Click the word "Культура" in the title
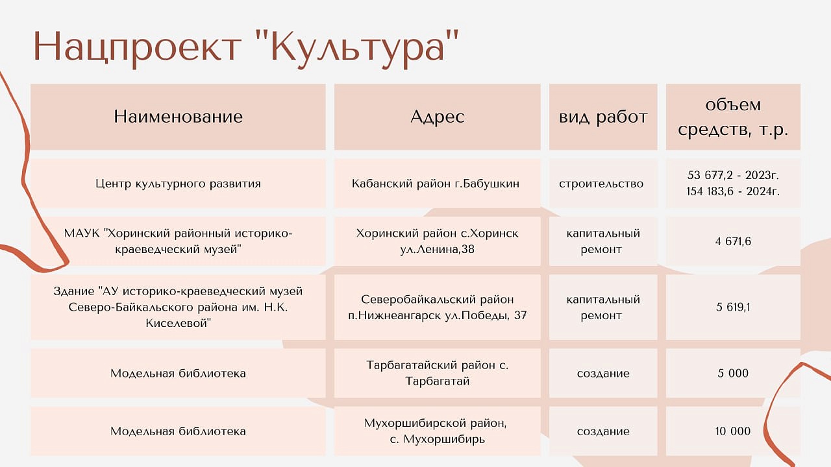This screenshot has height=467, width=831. pos(365,49)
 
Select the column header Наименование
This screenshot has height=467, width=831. pos(178,117)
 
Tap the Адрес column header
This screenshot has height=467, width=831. pos(438,117)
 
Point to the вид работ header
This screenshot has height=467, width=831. pos(603,117)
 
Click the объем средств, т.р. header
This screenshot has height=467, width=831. pos(733,117)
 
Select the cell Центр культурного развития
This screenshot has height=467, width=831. pos(178,184)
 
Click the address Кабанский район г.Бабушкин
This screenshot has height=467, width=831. pos(436,184)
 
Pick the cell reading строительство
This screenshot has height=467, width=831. pos(601,184)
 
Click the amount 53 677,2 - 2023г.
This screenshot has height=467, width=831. pos(733,175)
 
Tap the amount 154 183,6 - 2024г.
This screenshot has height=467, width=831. pos(733,191)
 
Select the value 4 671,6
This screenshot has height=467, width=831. pos(733,241)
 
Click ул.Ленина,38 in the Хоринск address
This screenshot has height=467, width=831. pos(437,249)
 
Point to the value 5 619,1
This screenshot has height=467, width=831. pos(733,307)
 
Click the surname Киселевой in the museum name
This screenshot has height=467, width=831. pos(178,323)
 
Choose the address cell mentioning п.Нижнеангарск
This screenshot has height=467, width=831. pos(438,307)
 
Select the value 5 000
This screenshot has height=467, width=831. pos(733,373)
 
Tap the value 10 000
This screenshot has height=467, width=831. pos(733,431)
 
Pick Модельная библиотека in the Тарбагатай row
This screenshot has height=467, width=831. pos(178,373)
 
